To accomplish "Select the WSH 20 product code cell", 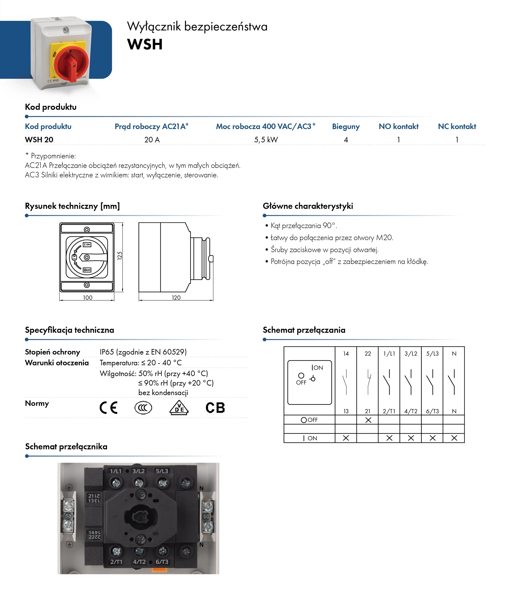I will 39,140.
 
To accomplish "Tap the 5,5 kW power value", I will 266,140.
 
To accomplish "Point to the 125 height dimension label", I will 120,256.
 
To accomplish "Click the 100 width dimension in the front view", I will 88,298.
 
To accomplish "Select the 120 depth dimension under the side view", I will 176,298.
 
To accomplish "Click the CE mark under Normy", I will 109,408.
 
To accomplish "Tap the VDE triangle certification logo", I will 179,408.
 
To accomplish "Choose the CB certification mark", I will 215,408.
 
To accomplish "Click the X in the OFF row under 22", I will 368,420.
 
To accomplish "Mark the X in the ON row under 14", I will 346,438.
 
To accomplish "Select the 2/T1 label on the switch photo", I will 116,562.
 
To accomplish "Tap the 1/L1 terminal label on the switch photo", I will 116,471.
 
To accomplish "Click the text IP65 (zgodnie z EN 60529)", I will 143,352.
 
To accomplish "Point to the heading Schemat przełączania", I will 304,330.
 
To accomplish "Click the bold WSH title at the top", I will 145,44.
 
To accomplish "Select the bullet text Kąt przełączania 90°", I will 304,226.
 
